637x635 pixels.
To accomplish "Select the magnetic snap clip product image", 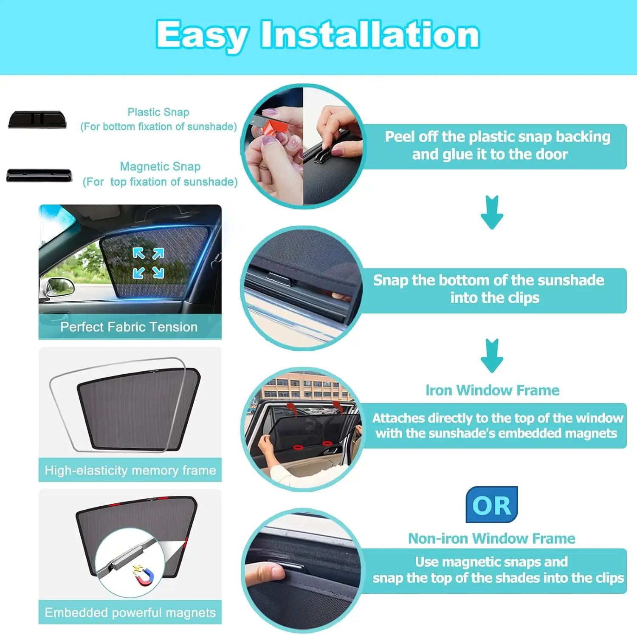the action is [x=39, y=175].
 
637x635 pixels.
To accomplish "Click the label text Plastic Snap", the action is [x=158, y=112].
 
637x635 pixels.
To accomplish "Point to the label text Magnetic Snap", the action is [x=160, y=167].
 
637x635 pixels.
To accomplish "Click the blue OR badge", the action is [x=492, y=505].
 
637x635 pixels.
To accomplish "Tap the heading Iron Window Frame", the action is [x=493, y=390].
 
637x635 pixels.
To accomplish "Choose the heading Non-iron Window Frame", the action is [x=492, y=539].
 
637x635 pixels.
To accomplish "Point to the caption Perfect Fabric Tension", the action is [x=129, y=327].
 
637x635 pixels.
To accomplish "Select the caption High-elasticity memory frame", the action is [x=130, y=471].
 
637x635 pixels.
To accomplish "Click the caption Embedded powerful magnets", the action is [x=130, y=612].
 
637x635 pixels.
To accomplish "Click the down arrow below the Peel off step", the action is [x=492, y=212].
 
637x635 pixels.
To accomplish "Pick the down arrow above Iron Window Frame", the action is [x=492, y=356].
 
